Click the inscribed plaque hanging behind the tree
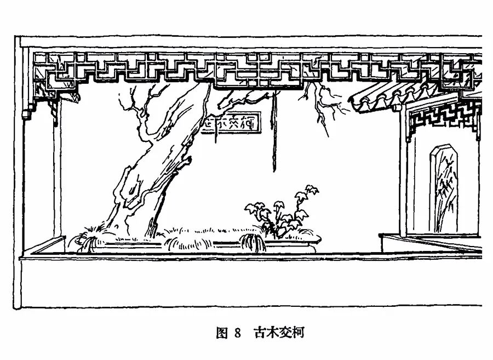[230, 124]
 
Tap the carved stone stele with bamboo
[445, 188]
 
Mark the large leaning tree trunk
[159, 164]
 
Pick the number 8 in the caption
[237, 333]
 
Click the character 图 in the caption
[221, 333]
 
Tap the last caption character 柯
[298, 333]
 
